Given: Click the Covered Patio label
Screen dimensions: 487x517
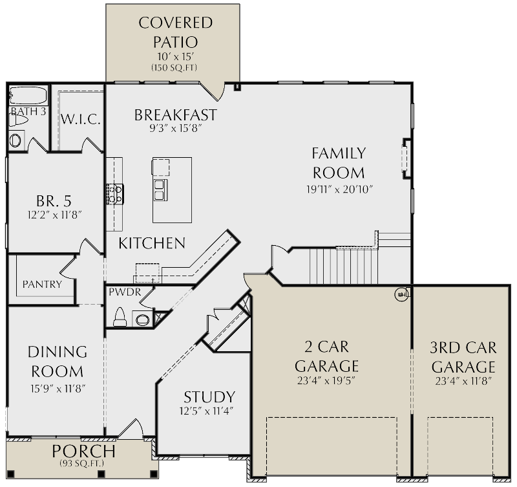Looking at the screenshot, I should point(175,32).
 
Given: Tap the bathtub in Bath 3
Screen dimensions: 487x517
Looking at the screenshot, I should point(28,96).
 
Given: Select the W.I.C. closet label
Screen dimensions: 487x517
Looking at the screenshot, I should point(80,120).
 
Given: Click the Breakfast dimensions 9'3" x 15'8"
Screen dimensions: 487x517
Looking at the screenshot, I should point(175,128).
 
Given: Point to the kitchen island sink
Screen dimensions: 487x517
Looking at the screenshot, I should point(159,189).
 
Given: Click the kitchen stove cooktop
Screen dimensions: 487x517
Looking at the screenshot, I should point(115,193).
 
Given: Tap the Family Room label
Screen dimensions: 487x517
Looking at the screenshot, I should point(339,163).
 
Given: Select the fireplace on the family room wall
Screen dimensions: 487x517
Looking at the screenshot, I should point(406,158).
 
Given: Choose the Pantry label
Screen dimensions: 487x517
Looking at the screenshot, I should point(42,284).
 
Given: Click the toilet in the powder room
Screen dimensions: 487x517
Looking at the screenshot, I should point(120,317).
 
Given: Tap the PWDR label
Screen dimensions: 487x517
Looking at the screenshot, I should point(121,292).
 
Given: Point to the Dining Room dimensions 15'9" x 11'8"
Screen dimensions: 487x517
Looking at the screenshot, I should point(57,388).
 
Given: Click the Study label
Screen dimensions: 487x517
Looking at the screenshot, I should point(209,396).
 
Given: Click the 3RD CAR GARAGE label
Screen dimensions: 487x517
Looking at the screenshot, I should point(463,356).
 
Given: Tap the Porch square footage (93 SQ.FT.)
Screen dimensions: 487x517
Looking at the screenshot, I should point(83,463).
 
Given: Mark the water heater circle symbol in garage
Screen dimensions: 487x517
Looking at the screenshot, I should point(401,294).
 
